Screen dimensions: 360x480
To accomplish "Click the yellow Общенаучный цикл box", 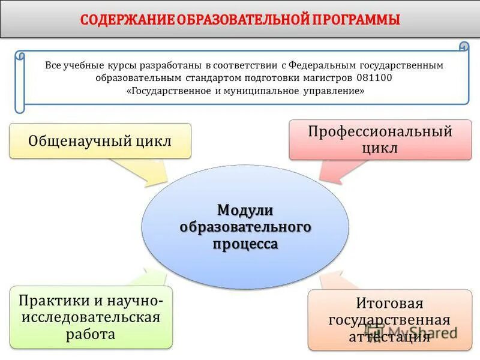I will (x=100, y=141).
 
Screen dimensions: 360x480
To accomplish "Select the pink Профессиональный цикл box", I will (x=380, y=140).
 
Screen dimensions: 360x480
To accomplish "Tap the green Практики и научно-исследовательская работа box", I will (x=91, y=317).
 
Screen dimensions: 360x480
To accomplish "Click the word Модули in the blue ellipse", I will (x=245, y=210).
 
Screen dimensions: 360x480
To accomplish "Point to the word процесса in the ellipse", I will (x=245, y=244).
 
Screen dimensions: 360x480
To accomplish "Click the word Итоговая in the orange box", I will (x=389, y=304).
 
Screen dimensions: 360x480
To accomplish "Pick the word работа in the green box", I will (x=91, y=334).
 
